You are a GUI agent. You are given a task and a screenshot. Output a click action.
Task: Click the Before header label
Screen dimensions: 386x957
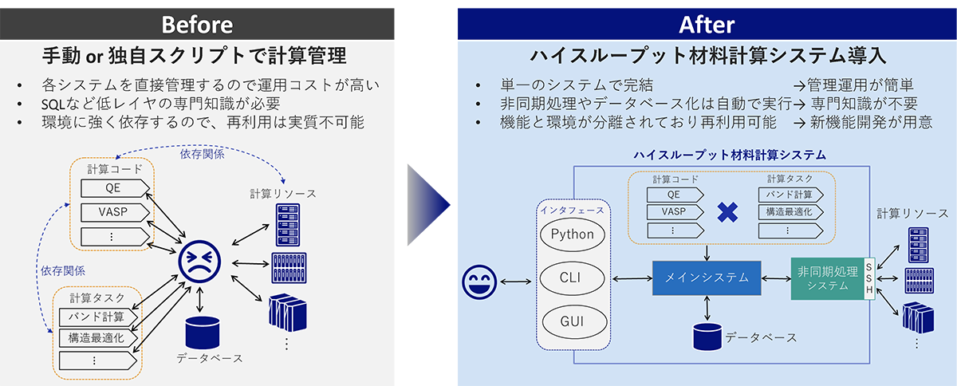[x=197, y=24]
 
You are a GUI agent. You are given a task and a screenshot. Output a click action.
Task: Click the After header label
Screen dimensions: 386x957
[x=706, y=24]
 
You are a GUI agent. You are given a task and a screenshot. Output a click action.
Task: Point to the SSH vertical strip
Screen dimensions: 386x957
[x=869, y=278]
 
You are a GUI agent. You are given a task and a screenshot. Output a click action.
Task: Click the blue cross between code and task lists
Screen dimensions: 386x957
[x=727, y=211]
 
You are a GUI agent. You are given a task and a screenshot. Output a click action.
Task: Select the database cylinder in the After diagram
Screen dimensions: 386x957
[x=707, y=335]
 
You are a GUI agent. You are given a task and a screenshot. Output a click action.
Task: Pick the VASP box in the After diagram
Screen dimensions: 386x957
[x=673, y=212]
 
